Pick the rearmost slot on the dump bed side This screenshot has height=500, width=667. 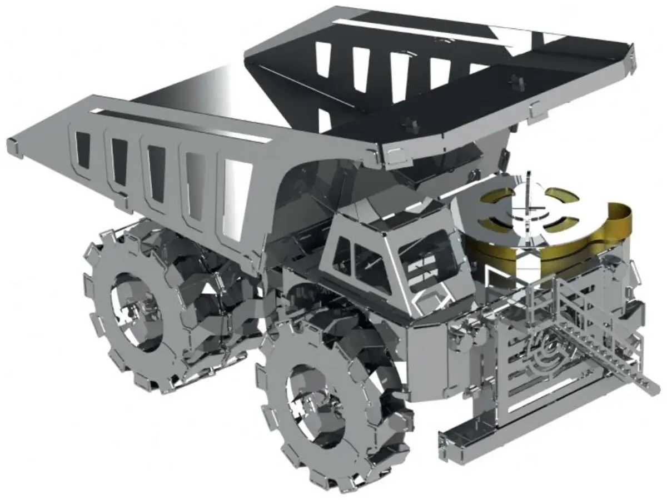(x=82, y=150)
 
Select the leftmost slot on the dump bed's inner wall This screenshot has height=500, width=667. (x=323, y=58)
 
